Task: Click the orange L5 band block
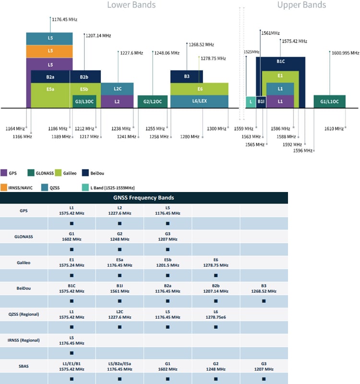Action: coord(50,51)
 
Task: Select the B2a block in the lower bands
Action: coord(50,77)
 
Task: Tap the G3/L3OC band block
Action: coord(84,102)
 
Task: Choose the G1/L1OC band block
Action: coord(329,102)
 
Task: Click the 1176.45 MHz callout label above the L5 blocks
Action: coord(64,20)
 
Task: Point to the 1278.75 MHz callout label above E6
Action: coord(213,59)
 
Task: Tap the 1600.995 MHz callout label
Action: coord(345,53)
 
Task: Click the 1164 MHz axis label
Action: coord(15,129)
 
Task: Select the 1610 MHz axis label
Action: coord(334,129)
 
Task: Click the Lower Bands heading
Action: coord(131,5)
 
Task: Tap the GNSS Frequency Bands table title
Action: coord(144,197)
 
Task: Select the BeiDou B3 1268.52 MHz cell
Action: coord(264,288)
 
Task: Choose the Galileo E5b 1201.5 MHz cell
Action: coord(168,262)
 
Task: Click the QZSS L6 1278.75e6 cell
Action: coord(216,314)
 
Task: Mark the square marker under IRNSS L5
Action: coord(72,353)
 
